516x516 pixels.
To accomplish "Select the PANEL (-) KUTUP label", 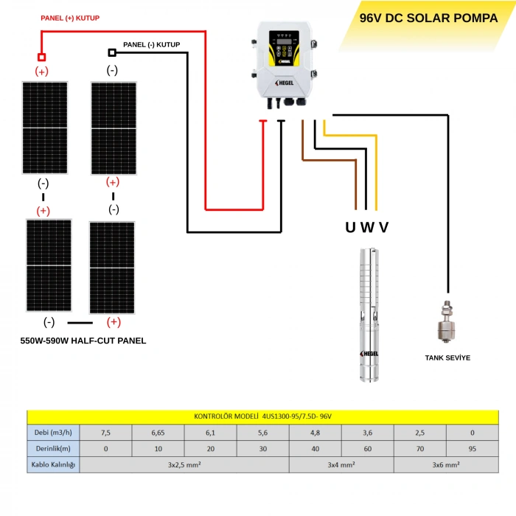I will click(x=151, y=45).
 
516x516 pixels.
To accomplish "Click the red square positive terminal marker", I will click(x=41, y=57).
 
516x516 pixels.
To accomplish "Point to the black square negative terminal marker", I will click(x=112, y=53).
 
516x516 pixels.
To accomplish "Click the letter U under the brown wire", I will click(x=350, y=227).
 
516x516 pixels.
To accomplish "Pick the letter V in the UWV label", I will click(x=383, y=227).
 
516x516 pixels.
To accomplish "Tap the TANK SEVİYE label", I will click(x=447, y=358).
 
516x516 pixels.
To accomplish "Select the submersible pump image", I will click(x=369, y=313).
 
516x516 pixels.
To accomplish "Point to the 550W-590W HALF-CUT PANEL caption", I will click(x=83, y=341).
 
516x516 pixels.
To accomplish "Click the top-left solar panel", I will click(x=43, y=128).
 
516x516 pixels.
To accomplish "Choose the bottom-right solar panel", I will click(x=112, y=267).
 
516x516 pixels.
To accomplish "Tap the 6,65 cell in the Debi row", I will click(x=158, y=432).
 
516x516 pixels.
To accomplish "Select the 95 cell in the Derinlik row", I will click(x=473, y=448).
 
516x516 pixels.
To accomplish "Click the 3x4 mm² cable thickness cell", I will click(x=341, y=465).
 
